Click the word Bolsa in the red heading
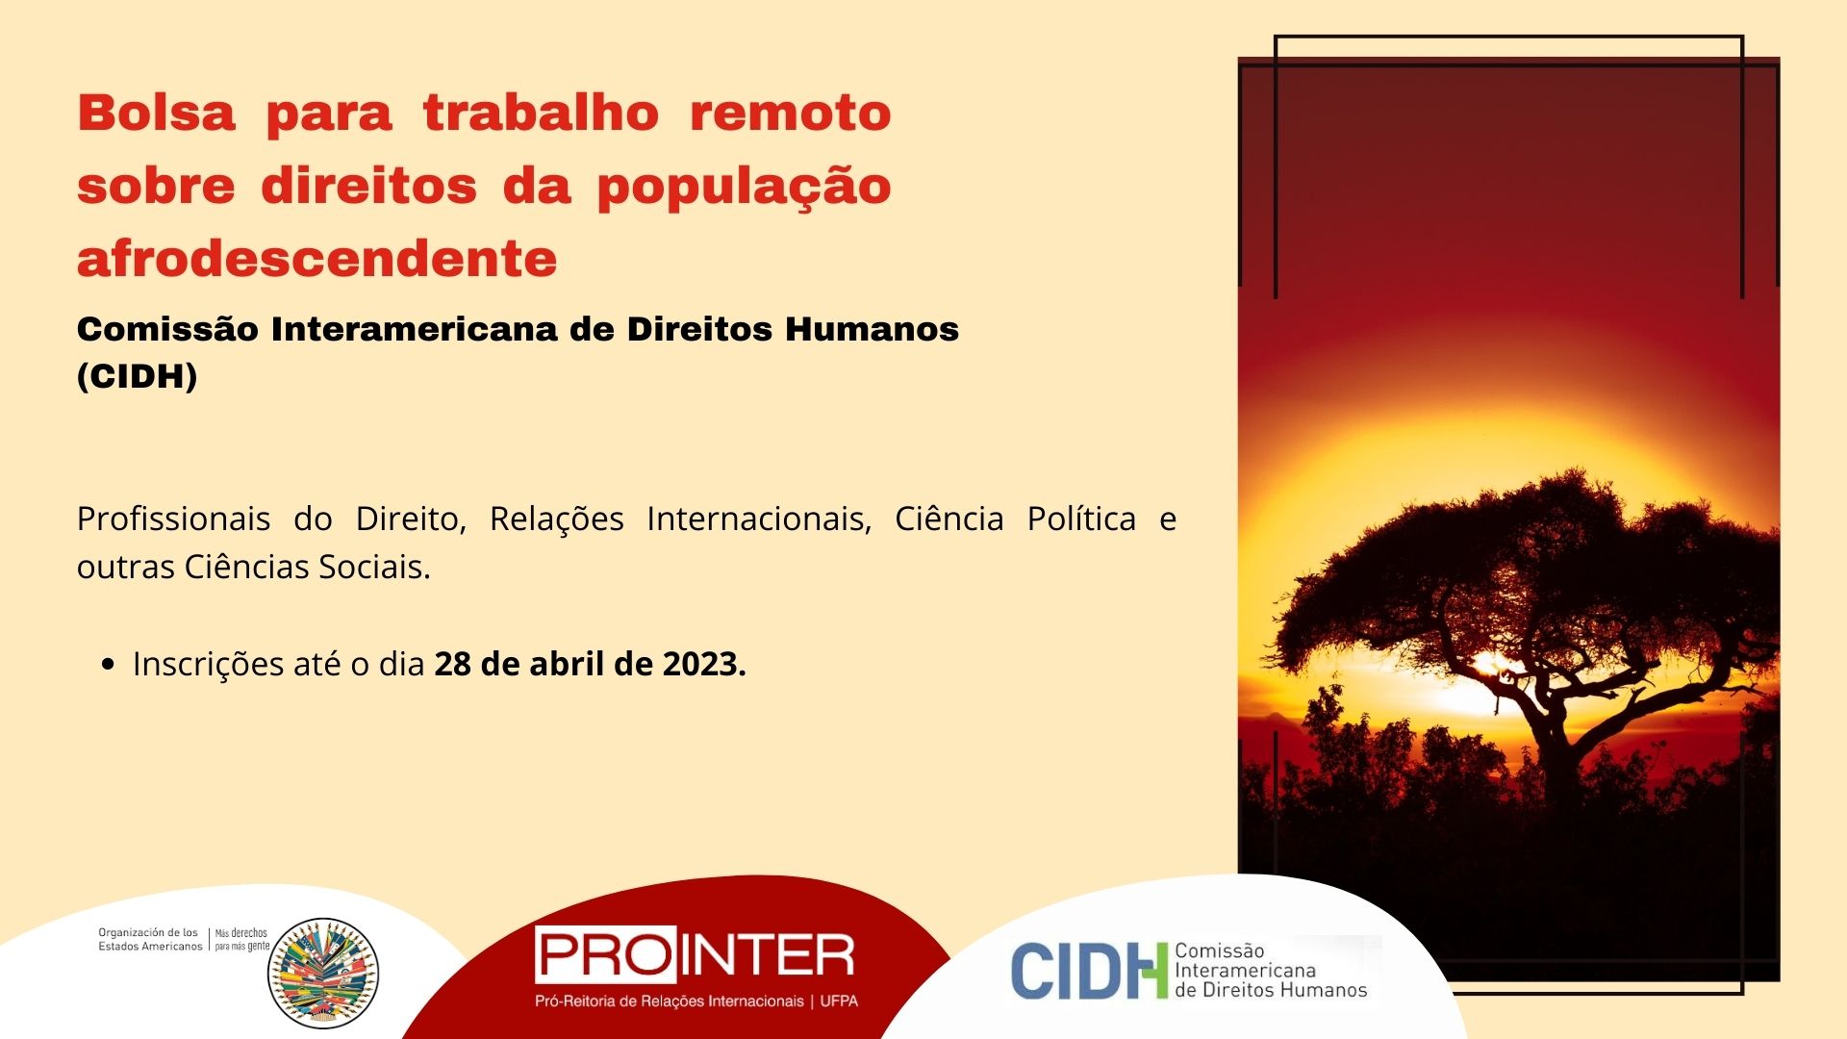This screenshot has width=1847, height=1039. click(157, 113)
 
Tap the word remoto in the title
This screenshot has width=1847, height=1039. click(791, 113)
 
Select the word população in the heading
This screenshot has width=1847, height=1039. click(744, 188)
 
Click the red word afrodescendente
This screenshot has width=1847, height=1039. click(317, 259)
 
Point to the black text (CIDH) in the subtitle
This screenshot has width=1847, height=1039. click(138, 376)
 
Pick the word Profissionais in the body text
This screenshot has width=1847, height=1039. click(173, 519)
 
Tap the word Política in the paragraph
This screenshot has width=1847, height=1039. click(1081, 519)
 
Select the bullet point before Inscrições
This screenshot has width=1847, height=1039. click(108, 664)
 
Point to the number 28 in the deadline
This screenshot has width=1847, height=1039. click(452, 664)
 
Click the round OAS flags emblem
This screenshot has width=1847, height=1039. click(323, 973)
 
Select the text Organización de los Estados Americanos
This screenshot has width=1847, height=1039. click(150, 940)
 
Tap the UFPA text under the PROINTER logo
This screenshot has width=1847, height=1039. click(839, 1001)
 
